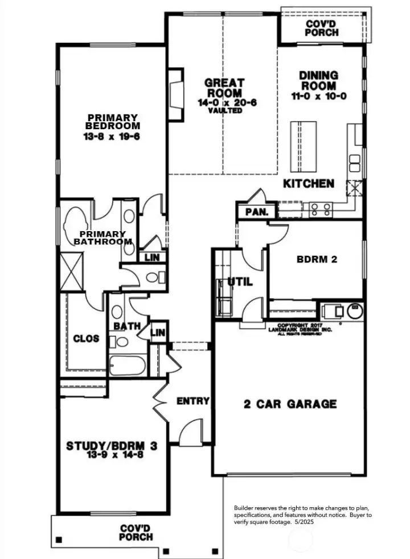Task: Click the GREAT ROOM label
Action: (x=224, y=88)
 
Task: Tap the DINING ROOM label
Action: (x=318, y=80)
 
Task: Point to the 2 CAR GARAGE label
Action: (x=290, y=404)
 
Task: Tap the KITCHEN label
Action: (x=309, y=184)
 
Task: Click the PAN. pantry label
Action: (x=253, y=212)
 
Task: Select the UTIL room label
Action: (x=240, y=281)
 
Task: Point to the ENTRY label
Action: (x=193, y=401)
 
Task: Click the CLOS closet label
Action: (x=87, y=339)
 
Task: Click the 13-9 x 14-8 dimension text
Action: (x=112, y=455)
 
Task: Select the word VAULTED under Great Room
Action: (x=224, y=111)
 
